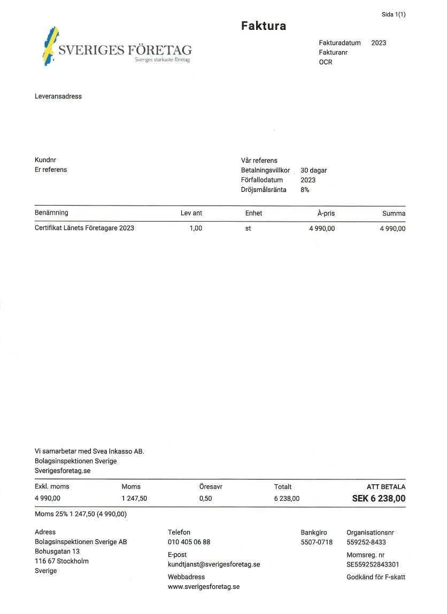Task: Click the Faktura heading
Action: (263, 26)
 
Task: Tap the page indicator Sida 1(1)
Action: (394, 14)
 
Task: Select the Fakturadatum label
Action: (340, 43)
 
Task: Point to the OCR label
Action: (326, 62)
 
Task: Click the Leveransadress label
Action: (58, 97)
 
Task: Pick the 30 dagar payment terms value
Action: (313, 170)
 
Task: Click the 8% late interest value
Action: (305, 190)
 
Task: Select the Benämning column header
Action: (51, 213)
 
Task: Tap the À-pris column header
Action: (326, 213)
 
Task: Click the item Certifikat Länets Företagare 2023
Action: (84, 228)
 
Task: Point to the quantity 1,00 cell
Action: (196, 228)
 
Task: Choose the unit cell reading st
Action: (248, 228)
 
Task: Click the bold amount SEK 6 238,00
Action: (379, 499)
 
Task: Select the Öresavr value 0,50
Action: (205, 499)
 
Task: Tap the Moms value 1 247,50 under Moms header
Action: (134, 499)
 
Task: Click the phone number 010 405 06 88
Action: (189, 542)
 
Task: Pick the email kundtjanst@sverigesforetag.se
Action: (214, 564)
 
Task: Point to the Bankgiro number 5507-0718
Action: (317, 542)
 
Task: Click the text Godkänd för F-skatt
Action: (376, 577)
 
